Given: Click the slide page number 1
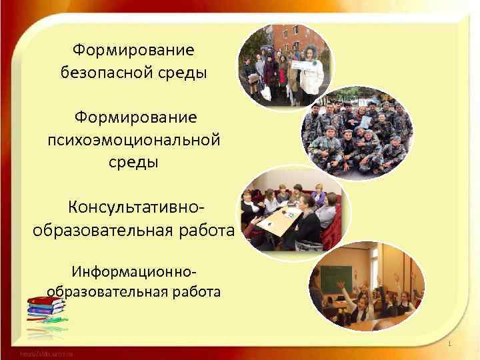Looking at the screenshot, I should coord(450,344).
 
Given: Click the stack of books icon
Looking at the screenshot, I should coord(45,308).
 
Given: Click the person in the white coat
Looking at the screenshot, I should coord(311,71).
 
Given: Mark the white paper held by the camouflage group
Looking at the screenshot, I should coord(365,122).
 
